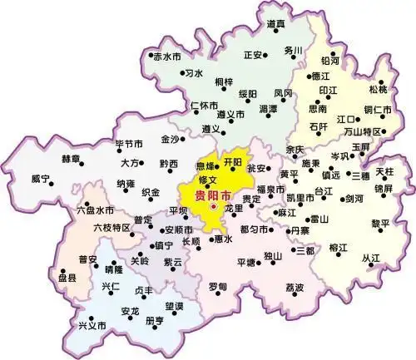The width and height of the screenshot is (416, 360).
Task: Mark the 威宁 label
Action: pyautogui.click(x=41, y=178)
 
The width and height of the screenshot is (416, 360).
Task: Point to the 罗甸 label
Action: pyautogui.click(x=217, y=286)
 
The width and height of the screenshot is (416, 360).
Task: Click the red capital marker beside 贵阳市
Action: pyautogui.click(x=213, y=207)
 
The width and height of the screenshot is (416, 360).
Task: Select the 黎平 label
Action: pyautogui.click(x=379, y=223)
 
